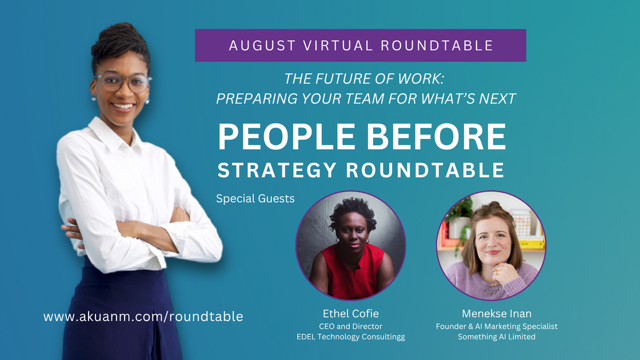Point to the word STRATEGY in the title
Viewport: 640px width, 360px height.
(x=279, y=170)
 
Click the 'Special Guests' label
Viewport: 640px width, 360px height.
(x=255, y=199)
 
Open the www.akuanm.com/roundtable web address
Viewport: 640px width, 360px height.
(x=143, y=316)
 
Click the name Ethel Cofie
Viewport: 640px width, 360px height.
(x=350, y=314)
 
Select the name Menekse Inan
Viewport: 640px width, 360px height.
(x=496, y=314)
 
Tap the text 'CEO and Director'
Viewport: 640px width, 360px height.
(x=350, y=326)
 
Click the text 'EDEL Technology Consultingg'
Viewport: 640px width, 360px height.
(x=350, y=337)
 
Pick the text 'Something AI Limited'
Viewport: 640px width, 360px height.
(x=496, y=337)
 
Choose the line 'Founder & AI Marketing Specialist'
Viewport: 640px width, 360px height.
(x=496, y=326)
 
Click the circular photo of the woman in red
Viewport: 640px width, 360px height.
(x=350, y=246)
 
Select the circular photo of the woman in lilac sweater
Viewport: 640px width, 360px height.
(x=491, y=246)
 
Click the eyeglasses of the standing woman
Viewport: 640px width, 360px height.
(x=122, y=82)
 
